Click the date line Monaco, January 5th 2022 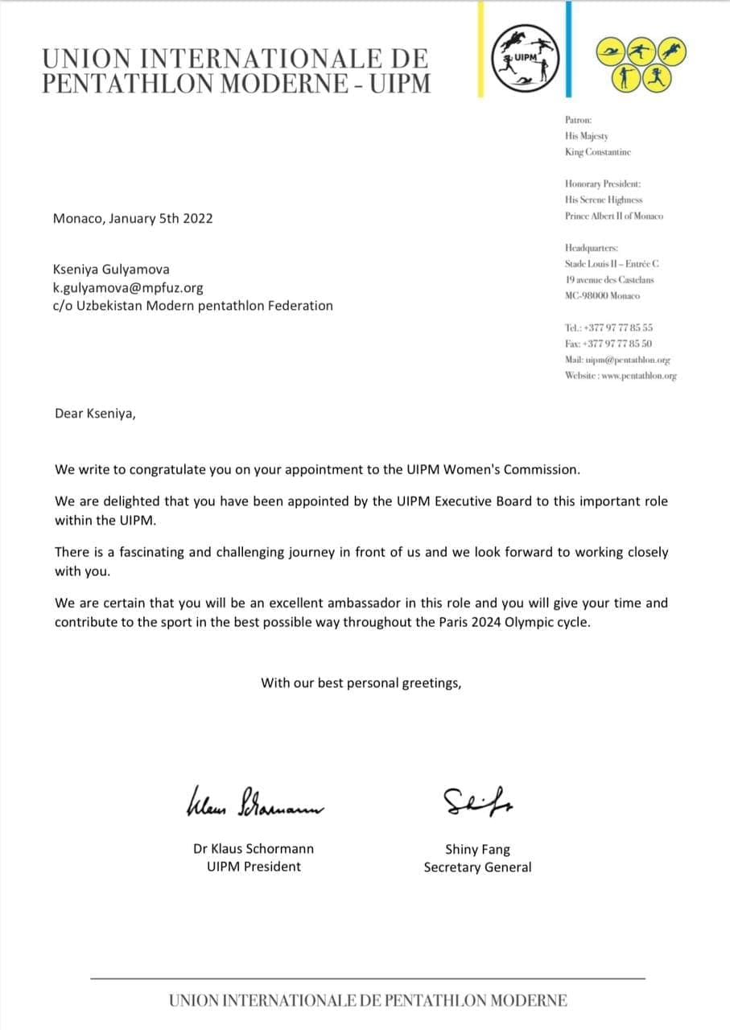click(133, 218)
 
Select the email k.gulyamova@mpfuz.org click(128, 287)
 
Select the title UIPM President click(248, 867)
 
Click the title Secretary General click(477, 867)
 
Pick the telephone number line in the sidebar click(608, 328)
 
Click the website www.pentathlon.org click(621, 376)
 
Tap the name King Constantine click(597, 152)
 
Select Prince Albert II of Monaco click(614, 216)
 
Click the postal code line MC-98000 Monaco click(602, 296)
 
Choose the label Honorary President click(602, 183)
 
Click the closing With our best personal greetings click(361, 683)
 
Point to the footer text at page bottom click(368, 1001)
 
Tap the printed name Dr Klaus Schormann click(254, 849)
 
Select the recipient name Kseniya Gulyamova click(111, 270)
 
